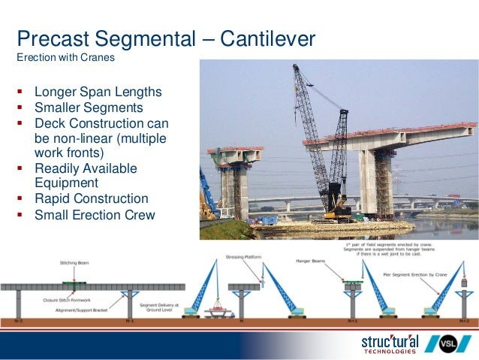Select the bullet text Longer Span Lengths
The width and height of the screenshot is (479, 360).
(x=98, y=92)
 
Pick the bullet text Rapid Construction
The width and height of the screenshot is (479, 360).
(x=91, y=199)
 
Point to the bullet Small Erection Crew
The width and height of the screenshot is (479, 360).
(x=94, y=215)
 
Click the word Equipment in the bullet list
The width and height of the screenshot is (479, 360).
(x=66, y=183)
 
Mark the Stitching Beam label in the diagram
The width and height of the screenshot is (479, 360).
(x=73, y=264)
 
